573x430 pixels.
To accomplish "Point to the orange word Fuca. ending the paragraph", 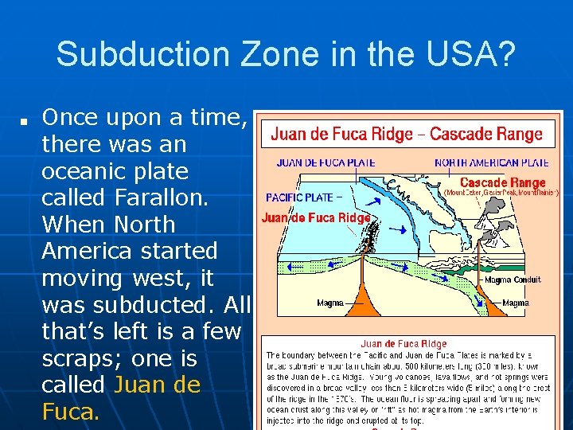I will [x=71, y=411].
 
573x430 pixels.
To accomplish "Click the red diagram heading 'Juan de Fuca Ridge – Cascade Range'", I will [x=406, y=134].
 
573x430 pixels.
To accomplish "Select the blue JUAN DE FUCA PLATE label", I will [x=325, y=163].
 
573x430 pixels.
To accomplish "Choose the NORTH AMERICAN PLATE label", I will [x=491, y=163].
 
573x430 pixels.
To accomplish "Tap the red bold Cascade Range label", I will [x=503, y=182].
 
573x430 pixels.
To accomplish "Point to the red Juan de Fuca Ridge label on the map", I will [x=316, y=217].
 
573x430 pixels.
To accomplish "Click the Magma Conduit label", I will [x=513, y=279].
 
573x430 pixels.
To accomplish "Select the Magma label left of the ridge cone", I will [x=329, y=303].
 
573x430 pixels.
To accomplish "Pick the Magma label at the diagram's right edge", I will [x=515, y=303].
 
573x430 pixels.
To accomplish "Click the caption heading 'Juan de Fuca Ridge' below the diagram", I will [x=403, y=343].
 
